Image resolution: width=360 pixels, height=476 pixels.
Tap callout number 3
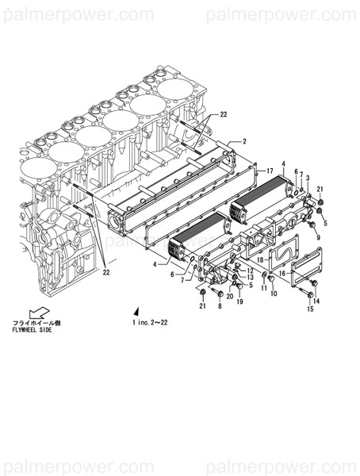pos(307,178)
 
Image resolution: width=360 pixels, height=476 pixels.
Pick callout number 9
pos(317,236)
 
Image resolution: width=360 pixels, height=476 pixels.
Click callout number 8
pos(220,306)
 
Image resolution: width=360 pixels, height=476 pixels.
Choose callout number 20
pos(229,297)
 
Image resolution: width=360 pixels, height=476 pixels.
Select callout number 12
pos(250,271)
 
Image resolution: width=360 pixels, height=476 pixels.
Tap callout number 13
pos(250,278)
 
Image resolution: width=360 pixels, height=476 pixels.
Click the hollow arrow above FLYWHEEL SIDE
pos(36,313)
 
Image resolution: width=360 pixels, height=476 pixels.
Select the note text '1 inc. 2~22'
pos(151,323)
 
